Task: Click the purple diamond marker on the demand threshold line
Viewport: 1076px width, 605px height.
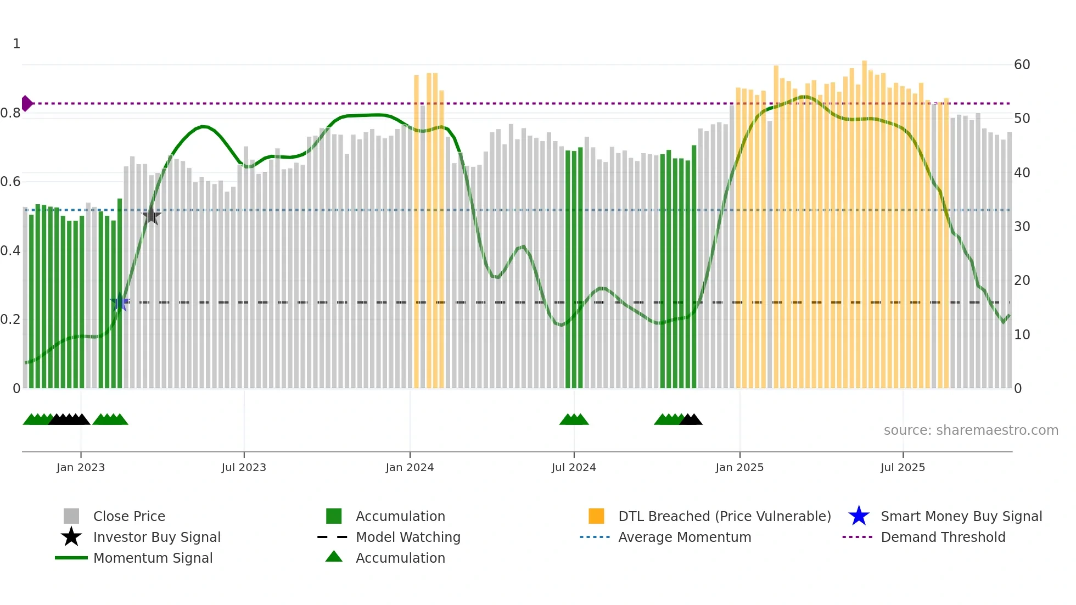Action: pos(27,103)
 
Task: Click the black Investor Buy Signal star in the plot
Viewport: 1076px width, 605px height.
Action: pos(151,215)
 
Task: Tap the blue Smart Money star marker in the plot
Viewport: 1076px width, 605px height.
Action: pos(120,302)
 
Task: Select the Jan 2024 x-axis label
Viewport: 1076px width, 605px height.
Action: pos(410,467)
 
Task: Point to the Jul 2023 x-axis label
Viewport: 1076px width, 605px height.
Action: pos(244,467)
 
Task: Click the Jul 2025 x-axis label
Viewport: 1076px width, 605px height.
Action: pos(903,467)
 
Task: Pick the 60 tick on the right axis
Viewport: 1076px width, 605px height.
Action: pos(1022,65)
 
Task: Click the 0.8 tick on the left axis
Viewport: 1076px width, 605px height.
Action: pos(10,114)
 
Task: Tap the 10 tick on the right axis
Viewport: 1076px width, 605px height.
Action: pos(1022,334)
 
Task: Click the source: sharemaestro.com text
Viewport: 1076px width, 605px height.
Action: pos(971,430)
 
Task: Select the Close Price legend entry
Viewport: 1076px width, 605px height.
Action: pos(129,516)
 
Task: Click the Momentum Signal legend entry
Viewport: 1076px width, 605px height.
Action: pos(153,558)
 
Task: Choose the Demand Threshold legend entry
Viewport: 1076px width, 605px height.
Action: pos(943,537)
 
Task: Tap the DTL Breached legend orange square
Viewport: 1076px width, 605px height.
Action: pos(596,516)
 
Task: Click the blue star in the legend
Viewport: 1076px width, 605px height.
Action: pos(859,516)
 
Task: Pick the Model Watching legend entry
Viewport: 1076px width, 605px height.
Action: pos(408,537)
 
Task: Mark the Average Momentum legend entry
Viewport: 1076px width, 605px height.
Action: pos(684,537)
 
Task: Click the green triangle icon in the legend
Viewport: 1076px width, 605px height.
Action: pos(334,557)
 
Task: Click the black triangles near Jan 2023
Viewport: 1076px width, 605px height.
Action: pos(69,420)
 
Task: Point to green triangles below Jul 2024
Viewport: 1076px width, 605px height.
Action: pos(574,420)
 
